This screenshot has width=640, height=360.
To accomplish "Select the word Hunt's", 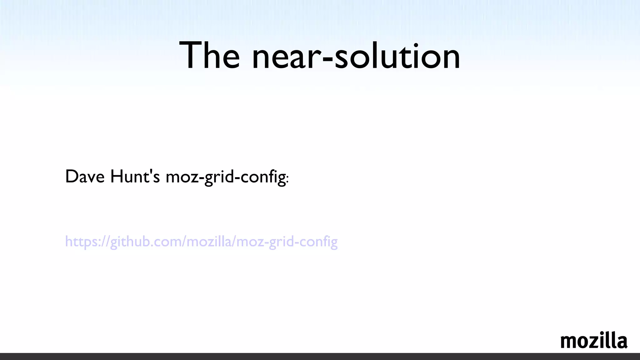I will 135,177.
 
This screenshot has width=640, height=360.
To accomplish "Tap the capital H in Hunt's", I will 116,177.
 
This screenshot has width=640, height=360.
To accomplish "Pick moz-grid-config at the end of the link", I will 287,242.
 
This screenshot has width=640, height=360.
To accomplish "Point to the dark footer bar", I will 320,357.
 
